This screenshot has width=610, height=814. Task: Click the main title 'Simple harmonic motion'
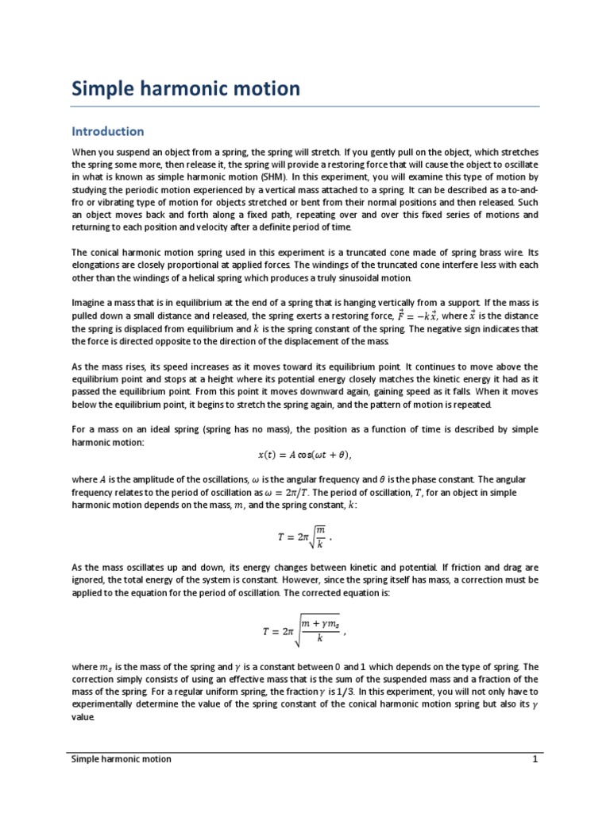coord(186,88)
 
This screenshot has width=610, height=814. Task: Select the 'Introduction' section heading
coord(108,131)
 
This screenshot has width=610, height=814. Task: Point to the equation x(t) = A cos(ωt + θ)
coord(304,455)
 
